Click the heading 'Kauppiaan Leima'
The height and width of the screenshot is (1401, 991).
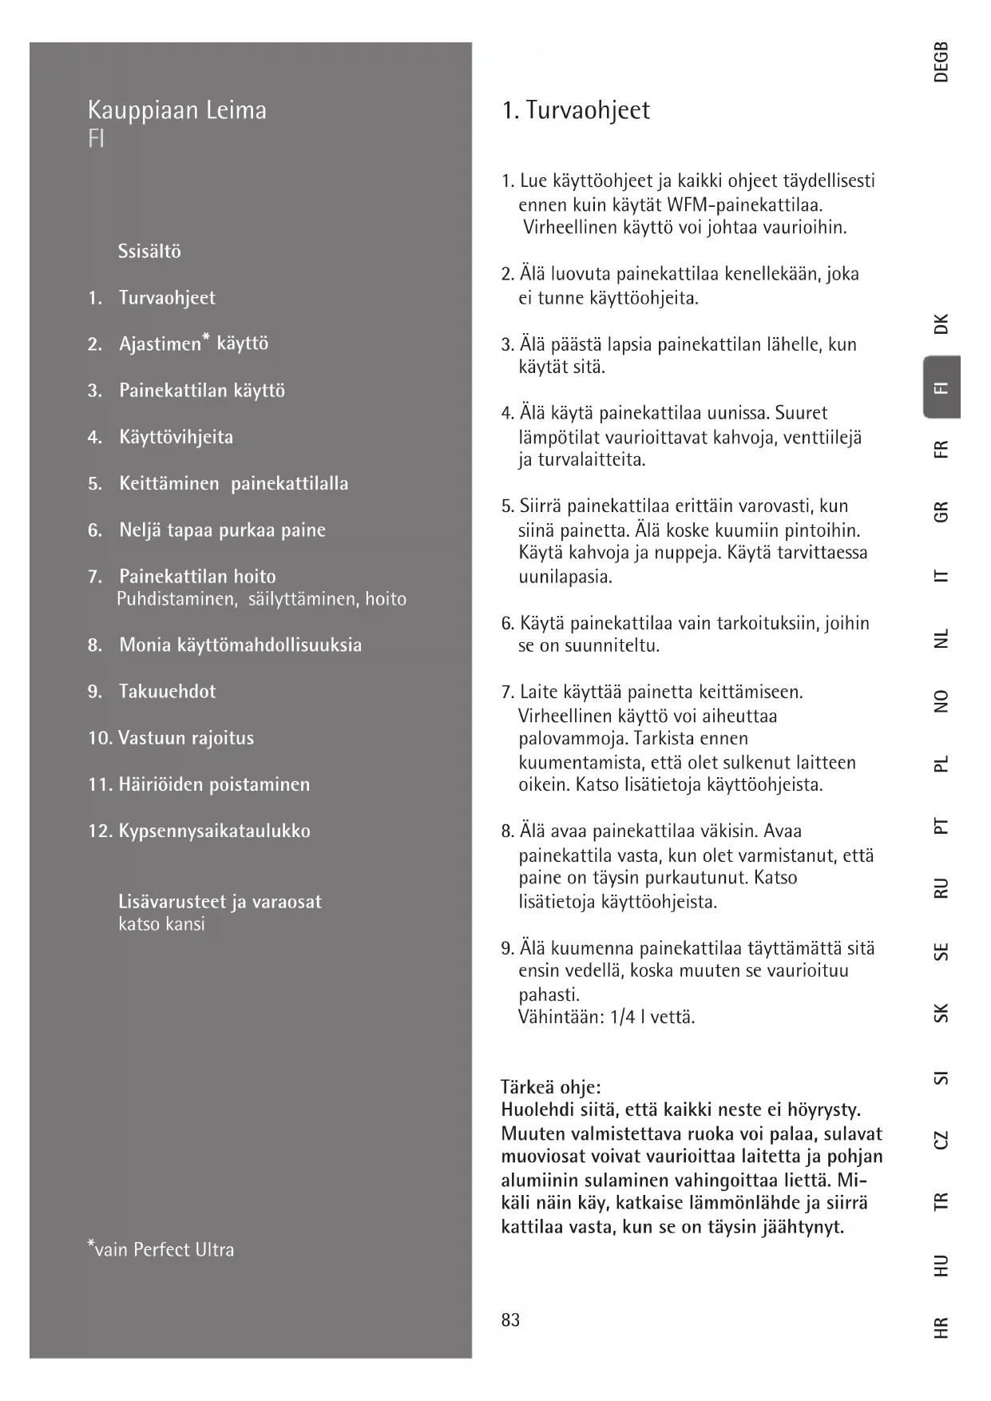[x=176, y=109]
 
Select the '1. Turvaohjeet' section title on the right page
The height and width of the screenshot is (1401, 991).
[x=575, y=109]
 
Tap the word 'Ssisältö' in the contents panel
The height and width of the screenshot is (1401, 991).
[x=149, y=252]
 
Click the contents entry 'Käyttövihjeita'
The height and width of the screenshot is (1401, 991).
[x=176, y=437]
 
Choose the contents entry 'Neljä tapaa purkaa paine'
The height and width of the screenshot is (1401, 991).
[x=222, y=530]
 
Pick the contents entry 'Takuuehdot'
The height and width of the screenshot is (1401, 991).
[x=167, y=692]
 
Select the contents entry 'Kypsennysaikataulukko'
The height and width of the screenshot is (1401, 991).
[x=214, y=831]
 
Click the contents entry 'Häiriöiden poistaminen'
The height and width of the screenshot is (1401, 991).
[x=214, y=784]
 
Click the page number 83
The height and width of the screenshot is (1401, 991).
[x=510, y=1320]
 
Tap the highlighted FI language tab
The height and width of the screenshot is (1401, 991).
[x=941, y=387]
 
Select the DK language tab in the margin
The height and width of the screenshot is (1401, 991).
[x=941, y=323]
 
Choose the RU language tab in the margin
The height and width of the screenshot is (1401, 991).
[x=941, y=887]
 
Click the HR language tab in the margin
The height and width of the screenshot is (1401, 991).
[x=941, y=1327]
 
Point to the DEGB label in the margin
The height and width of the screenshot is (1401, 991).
[x=941, y=62]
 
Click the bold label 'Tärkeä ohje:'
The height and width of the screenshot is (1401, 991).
[x=550, y=1087]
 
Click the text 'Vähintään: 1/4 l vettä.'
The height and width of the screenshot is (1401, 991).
[x=606, y=1018]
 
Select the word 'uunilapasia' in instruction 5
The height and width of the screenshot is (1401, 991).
[x=565, y=576]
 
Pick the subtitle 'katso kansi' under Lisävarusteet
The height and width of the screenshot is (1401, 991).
[x=161, y=924]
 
